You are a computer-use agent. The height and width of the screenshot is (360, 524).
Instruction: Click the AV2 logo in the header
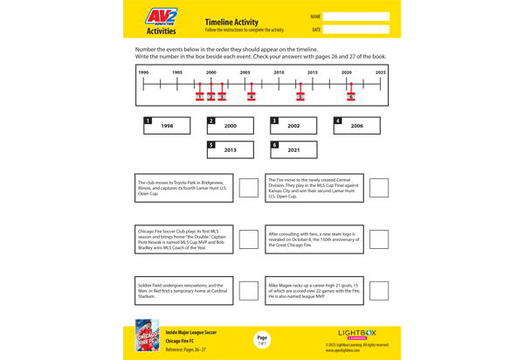point(161,17)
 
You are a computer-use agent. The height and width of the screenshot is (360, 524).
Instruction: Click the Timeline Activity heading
point(231,22)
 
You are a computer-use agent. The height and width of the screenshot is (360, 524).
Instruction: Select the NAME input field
point(355,17)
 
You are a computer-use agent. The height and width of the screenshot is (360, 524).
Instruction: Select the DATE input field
point(355,30)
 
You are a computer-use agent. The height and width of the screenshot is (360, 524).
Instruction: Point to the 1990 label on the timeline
point(143,73)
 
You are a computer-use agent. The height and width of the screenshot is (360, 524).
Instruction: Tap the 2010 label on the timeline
point(279,73)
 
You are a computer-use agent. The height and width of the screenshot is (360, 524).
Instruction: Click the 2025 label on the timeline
point(380,73)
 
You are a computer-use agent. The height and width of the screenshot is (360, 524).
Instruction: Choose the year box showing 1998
point(167,126)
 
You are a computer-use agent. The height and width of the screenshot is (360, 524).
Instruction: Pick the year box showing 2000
point(230,126)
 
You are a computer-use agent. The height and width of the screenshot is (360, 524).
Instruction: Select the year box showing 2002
point(293,126)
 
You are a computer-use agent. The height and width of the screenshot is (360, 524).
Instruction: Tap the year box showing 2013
point(230,149)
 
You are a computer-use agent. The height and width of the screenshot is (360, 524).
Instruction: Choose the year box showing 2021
point(293,149)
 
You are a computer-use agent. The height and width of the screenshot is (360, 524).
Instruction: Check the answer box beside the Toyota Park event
point(249,188)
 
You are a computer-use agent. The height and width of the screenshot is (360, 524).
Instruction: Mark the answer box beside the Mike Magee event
point(379,291)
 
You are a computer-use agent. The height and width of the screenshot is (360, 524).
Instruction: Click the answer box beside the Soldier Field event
point(249,291)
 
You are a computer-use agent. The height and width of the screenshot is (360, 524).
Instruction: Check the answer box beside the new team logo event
point(379,239)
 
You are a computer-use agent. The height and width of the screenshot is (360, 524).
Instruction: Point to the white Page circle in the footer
point(262,340)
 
